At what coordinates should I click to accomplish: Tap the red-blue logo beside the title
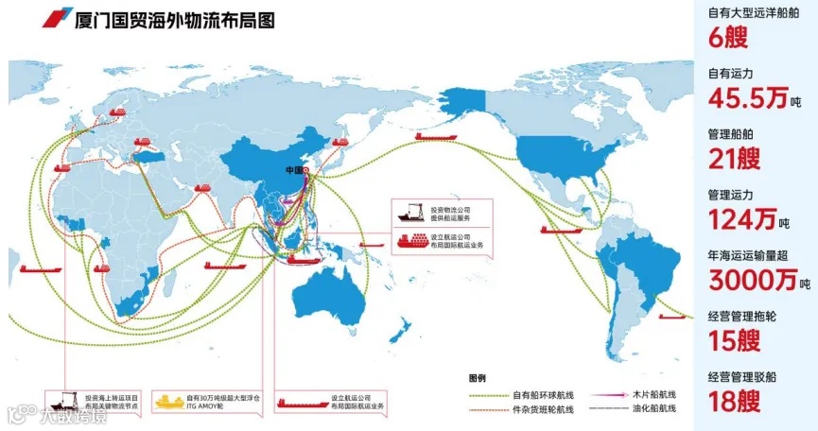click(x=53, y=20)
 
